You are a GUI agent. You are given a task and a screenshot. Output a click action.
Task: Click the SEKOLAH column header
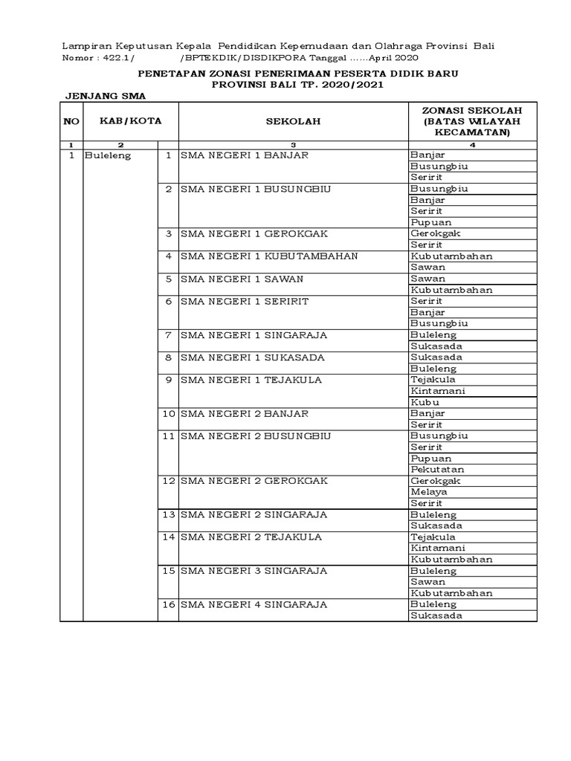pyautogui.click(x=294, y=121)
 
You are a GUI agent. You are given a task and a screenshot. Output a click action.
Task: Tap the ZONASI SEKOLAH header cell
pyautogui.click(x=472, y=121)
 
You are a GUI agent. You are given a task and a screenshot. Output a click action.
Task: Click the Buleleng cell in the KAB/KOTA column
pyautogui.click(x=108, y=155)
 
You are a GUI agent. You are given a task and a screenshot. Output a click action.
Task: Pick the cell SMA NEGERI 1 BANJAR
pyautogui.click(x=245, y=155)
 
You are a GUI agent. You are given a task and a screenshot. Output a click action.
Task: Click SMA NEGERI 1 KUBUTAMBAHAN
pyautogui.click(x=270, y=256)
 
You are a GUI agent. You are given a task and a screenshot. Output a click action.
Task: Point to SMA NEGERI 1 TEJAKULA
pyautogui.click(x=251, y=380)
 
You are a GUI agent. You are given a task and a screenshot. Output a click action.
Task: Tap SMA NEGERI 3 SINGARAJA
pyautogui.click(x=254, y=571)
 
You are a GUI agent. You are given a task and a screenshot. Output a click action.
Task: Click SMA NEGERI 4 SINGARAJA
pyautogui.click(x=254, y=604)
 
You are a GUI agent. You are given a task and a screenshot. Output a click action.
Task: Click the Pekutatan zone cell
pyautogui.click(x=437, y=470)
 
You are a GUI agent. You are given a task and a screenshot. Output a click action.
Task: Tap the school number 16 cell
pyautogui.click(x=168, y=604)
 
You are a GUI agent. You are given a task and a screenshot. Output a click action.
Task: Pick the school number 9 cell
pyautogui.click(x=168, y=380)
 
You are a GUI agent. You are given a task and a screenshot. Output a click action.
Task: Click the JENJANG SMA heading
pyautogui.click(x=105, y=97)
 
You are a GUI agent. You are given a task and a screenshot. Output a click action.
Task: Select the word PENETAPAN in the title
pyautogui.click(x=172, y=74)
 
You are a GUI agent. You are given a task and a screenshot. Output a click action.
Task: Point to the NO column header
pyautogui.click(x=71, y=121)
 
